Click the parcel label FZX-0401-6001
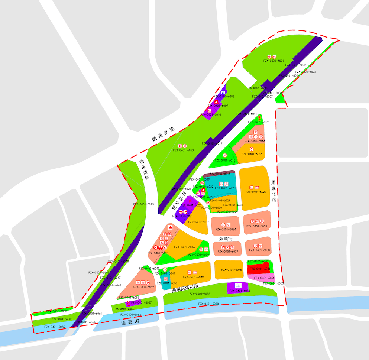click(x=273, y=61)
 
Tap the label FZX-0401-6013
click(x=183, y=150)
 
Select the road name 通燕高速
click(x=163, y=135)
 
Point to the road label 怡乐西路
click(x=144, y=169)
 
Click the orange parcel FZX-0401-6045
click(x=231, y=269)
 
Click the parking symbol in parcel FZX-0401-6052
click(x=148, y=282)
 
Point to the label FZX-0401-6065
click(x=54, y=327)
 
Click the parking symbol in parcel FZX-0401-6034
click(x=223, y=225)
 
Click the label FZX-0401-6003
click(x=305, y=72)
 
